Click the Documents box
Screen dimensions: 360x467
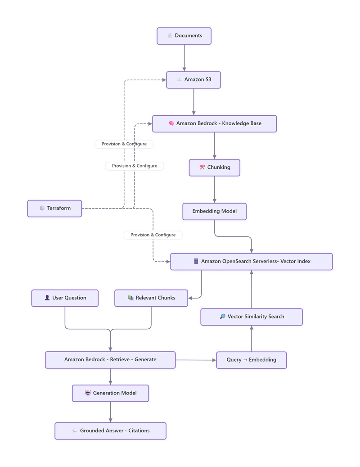point(184,36)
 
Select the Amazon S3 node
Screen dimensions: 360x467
point(193,80)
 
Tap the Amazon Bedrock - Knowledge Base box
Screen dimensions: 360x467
point(214,123)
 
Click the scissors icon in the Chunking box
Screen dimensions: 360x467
point(202,167)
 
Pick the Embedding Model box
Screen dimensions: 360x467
point(214,212)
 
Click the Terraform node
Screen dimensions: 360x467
point(54,209)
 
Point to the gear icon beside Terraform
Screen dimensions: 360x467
point(42,208)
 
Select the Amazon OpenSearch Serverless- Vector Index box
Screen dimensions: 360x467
point(252,262)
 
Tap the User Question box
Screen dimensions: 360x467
point(65,298)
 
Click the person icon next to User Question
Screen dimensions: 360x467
point(47,298)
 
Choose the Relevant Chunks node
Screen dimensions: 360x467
point(151,298)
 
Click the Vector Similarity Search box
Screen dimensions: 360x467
point(252,317)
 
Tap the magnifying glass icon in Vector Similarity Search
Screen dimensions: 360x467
point(223,316)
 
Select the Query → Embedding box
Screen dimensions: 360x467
point(252,360)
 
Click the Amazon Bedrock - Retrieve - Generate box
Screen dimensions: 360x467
point(110,360)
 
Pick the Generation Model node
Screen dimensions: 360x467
point(110,393)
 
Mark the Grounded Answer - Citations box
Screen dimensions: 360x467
point(110,431)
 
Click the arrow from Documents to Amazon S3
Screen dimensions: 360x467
point(184,58)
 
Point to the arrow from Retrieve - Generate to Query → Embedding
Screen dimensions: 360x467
point(196,360)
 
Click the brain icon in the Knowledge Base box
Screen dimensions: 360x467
point(171,123)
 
